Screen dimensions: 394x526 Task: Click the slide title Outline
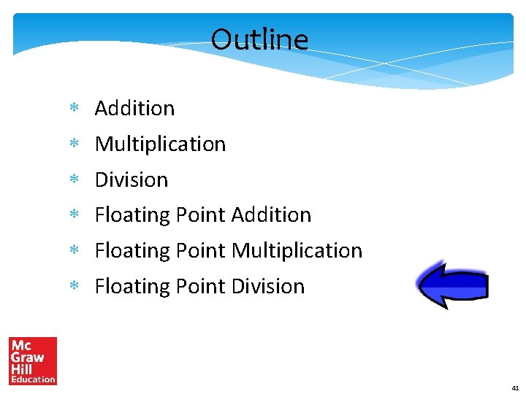click(x=259, y=39)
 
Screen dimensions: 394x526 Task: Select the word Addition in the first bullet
click(x=134, y=108)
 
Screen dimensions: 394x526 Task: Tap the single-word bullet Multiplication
click(x=160, y=144)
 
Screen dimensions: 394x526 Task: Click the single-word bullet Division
click(x=131, y=179)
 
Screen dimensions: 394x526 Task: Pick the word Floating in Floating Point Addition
click(x=132, y=215)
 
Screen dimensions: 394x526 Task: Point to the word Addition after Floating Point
click(x=271, y=215)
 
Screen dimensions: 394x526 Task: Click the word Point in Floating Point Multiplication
click(x=200, y=251)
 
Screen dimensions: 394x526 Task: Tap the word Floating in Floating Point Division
click(x=132, y=287)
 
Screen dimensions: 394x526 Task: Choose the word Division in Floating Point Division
click(x=267, y=287)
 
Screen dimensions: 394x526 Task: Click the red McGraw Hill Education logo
click(x=33, y=360)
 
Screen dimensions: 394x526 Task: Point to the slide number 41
click(x=515, y=388)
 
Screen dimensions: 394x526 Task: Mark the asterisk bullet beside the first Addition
click(x=74, y=109)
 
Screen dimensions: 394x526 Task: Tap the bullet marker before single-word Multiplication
click(x=74, y=144)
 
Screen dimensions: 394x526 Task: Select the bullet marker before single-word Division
click(x=74, y=180)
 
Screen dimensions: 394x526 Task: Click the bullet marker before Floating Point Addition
click(x=74, y=216)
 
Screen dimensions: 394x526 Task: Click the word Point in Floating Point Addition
click(x=200, y=215)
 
